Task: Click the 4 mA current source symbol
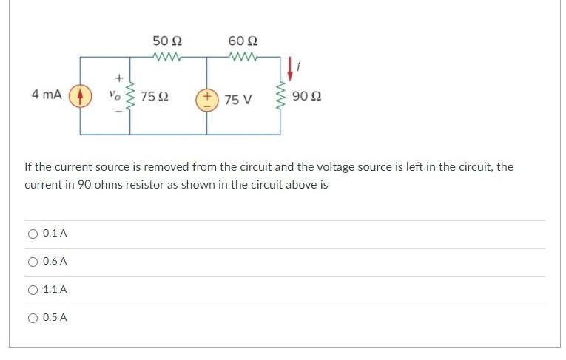[80, 96]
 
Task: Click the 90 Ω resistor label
[306, 97]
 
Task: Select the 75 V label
[238, 99]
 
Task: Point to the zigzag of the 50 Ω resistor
[167, 56]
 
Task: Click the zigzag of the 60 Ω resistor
[243, 56]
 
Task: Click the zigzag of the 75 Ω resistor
[131, 96]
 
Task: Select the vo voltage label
[114, 95]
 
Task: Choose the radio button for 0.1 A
[33, 234]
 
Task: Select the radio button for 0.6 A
[33, 262]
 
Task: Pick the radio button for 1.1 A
[33, 290]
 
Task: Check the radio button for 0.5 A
[33, 318]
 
